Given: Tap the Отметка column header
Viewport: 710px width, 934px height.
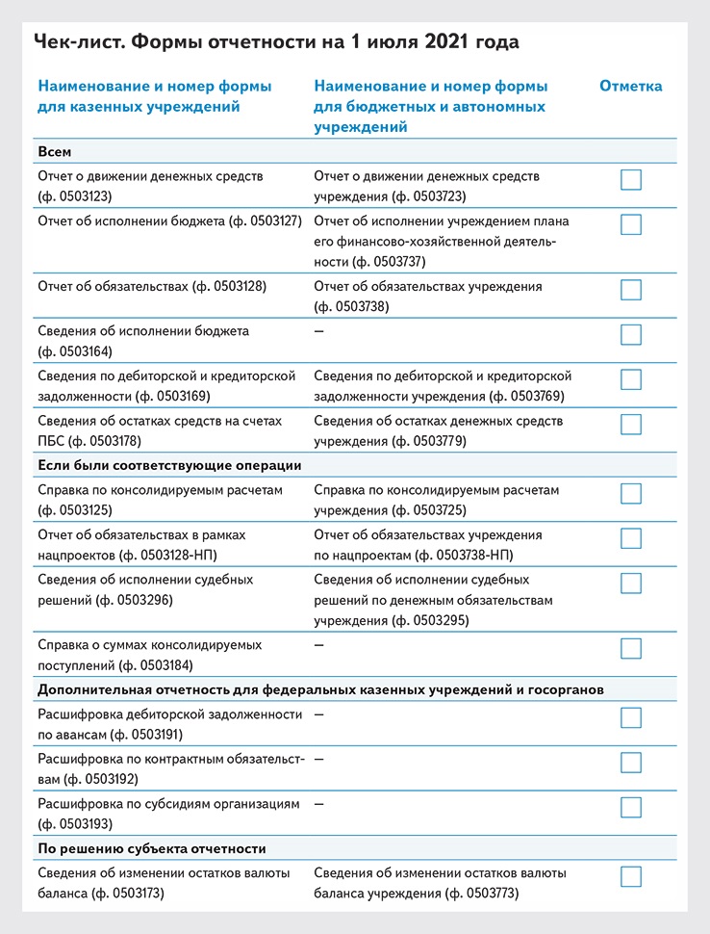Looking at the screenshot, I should coord(630,86).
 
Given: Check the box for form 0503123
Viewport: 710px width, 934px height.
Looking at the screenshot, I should coord(631,180).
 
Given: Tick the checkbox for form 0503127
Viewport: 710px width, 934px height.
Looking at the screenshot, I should coord(631,224).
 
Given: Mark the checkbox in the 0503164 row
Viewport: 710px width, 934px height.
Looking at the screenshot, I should coord(631,334).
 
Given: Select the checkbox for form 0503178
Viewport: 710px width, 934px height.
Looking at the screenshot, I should coord(631,425).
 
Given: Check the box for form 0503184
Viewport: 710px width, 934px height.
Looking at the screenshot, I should coord(631,648).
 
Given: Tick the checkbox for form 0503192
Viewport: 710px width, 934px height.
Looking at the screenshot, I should coord(631,763).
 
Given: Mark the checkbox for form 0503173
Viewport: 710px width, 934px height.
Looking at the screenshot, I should coord(631,876).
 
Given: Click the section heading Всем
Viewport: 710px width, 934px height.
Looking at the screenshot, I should coord(55,152).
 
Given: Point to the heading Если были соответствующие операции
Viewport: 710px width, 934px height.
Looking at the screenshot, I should coord(169,465).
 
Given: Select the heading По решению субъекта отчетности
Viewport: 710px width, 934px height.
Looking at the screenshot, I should coord(151,848).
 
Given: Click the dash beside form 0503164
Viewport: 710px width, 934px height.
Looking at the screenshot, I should coord(318,330).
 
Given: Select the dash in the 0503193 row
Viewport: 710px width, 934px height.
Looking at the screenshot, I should coord(318,802).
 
